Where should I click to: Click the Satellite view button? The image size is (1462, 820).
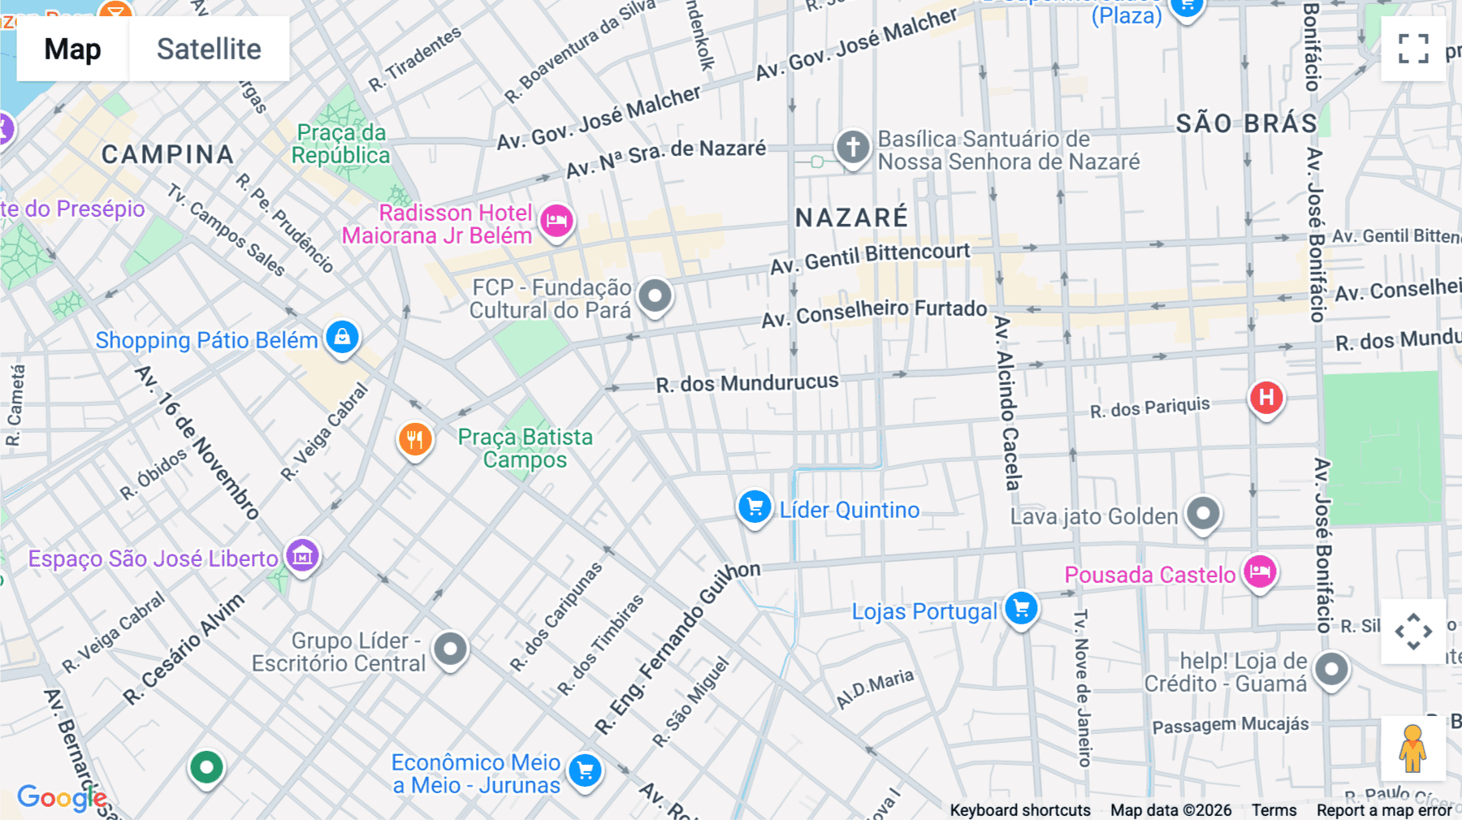[x=209, y=49]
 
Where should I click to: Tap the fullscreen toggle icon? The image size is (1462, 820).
[x=1413, y=49]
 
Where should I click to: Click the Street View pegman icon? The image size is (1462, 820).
[x=1413, y=749]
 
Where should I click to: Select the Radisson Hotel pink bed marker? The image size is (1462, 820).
[x=556, y=220]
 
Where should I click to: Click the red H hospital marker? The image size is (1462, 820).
[x=1265, y=398]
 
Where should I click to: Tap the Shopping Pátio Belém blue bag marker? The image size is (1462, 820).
[x=342, y=337]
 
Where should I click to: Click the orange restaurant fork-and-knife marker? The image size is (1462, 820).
[x=414, y=440]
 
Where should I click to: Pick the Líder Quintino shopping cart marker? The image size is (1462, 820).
[x=755, y=507]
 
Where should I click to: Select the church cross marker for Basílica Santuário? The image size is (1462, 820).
[x=852, y=148]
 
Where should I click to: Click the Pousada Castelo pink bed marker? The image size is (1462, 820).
[x=1260, y=572]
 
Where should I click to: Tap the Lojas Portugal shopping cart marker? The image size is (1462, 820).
[x=1021, y=608]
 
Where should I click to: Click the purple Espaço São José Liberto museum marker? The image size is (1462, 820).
[x=302, y=556]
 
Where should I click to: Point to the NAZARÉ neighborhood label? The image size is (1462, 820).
[x=851, y=218]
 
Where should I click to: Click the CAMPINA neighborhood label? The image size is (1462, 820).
[x=167, y=154]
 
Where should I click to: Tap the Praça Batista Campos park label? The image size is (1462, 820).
[x=525, y=448]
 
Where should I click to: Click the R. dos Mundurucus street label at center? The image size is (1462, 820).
[x=747, y=382]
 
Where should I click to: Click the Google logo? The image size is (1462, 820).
[x=62, y=797]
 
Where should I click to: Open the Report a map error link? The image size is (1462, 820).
[x=1384, y=810]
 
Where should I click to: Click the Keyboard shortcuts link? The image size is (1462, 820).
[x=1020, y=810]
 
